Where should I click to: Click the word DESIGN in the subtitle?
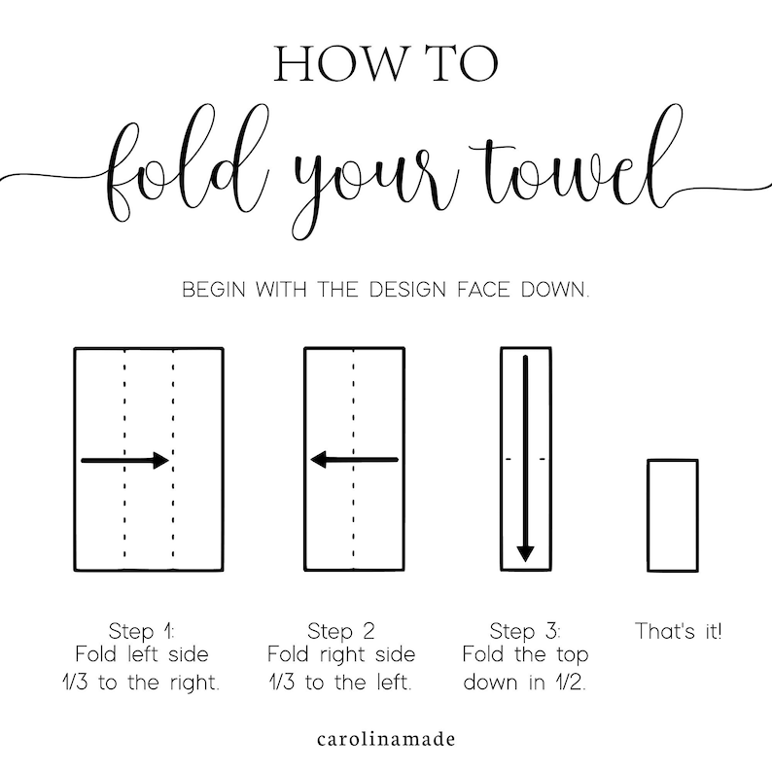pyautogui.click(x=407, y=290)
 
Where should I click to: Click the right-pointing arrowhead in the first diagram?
pyautogui.click(x=161, y=460)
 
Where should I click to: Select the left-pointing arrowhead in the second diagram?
pyautogui.click(x=319, y=460)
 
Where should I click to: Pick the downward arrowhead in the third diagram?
pyautogui.click(x=525, y=553)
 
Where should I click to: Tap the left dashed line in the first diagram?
pyautogui.click(x=124, y=459)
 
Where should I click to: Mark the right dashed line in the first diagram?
pyautogui.click(x=173, y=459)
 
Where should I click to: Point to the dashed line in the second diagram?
pyautogui.click(x=354, y=459)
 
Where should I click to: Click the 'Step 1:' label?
pyautogui.click(x=142, y=631)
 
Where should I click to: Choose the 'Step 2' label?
pyautogui.click(x=341, y=631)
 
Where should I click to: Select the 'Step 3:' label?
pyautogui.click(x=525, y=631)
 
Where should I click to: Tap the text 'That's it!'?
pyautogui.click(x=679, y=631)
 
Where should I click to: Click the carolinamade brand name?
pyautogui.click(x=386, y=739)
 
